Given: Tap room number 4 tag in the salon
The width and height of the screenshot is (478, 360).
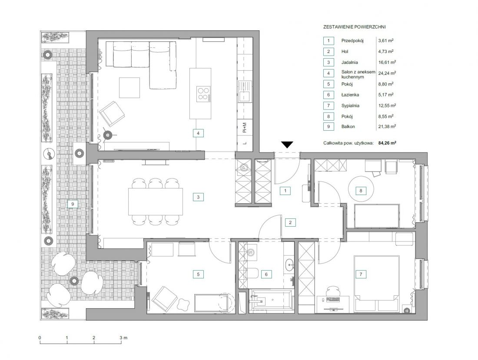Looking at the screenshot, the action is pyautogui.click(x=198, y=133).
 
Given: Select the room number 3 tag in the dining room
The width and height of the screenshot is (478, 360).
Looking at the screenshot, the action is pyautogui.click(x=198, y=197).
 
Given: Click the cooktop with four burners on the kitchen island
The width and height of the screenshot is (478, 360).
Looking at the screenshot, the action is pyautogui.click(x=203, y=94).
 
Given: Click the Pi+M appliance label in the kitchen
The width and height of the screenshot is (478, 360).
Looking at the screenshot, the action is pyautogui.click(x=245, y=127).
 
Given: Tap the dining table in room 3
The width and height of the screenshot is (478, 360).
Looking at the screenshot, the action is pyautogui.click(x=156, y=201).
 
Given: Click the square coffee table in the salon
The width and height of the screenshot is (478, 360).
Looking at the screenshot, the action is pyautogui.click(x=129, y=88).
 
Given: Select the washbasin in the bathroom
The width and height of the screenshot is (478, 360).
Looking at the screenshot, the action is pyautogui.click(x=289, y=265).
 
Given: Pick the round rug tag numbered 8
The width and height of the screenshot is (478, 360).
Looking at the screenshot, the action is pyautogui.click(x=361, y=191).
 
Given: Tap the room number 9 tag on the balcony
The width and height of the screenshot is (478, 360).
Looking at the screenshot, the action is pyautogui.click(x=73, y=204).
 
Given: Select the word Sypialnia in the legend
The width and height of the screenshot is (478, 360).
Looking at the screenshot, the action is pyautogui.click(x=350, y=106).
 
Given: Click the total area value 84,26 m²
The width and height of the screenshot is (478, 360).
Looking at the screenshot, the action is pyautogui.click(x=387, y=142).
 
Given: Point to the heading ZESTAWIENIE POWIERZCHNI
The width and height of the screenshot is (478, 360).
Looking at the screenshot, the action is pyautogui.click(x=354, y=27).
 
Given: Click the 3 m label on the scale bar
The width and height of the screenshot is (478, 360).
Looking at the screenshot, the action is pyautogui.click(x=123, y=337).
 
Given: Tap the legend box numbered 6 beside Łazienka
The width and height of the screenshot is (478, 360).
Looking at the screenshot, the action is pyautogui.click(x=329, y=95).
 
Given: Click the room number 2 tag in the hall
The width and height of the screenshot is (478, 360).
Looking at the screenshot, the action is pyautogui.click(x=290, y=222).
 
